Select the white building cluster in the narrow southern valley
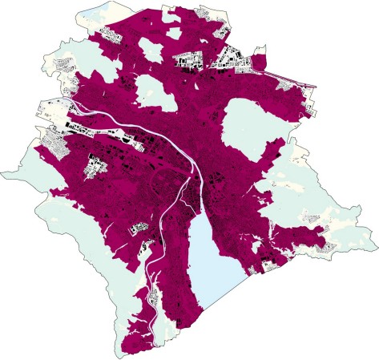click(144, 249)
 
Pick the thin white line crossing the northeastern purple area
click(280, 77)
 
